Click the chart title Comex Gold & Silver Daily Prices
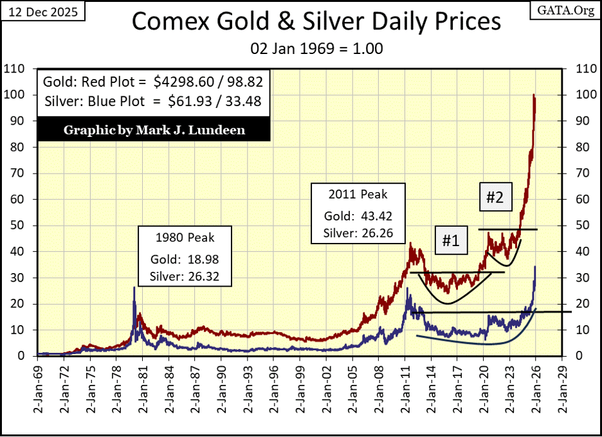click(x=316, y=22)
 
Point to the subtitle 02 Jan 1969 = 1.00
click(x=315, y=48)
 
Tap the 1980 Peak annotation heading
click(x=185, y=238)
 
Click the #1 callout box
click(x=450, y=241)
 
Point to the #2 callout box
click(x=494, y=198)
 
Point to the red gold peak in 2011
click(x=410, y=244)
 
